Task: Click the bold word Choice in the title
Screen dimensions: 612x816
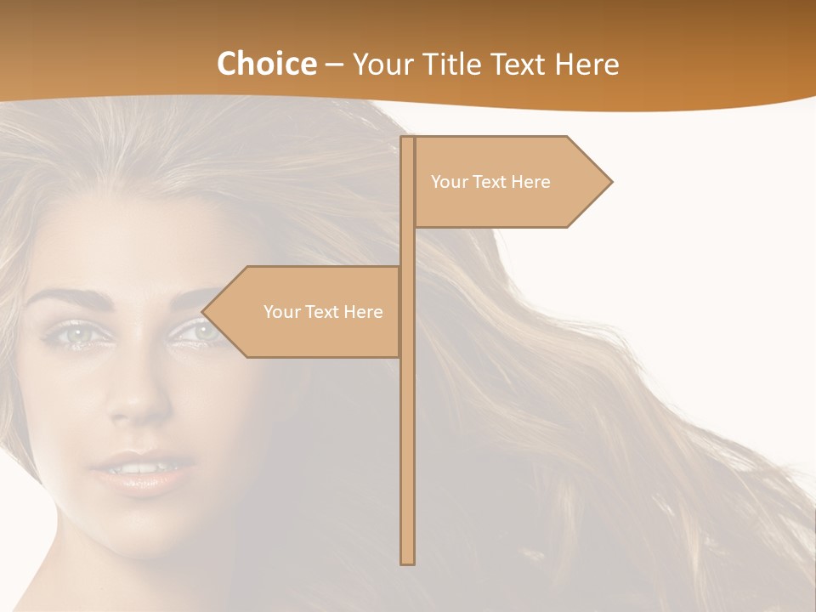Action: point(266,64)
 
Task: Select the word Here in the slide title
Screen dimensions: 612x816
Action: point(586,64)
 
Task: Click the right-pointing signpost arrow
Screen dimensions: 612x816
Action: point(510,182)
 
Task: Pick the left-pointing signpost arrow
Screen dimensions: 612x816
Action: point(306,312)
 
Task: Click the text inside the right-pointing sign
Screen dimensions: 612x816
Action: point(490,182)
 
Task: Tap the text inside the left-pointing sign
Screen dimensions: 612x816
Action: point(323,312)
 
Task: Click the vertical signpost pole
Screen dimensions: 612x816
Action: point(407,425)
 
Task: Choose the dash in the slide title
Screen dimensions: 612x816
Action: point(334,65)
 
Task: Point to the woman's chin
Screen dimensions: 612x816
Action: point(144,535)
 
